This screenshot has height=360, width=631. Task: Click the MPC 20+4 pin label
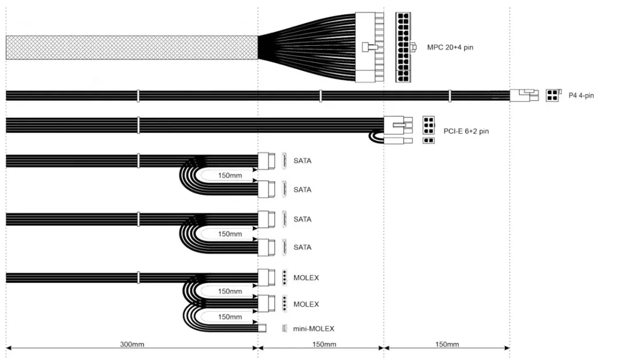click(x=450, y=47)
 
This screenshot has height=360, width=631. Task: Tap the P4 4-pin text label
click(x=581, y=96)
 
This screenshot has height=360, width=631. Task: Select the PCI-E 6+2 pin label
click(x=466, y=131)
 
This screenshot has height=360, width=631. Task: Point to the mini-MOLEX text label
click(x=314, y=328)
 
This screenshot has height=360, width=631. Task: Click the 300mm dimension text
click(x=132, y=345)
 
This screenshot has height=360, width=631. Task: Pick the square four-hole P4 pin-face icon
click(x=553, y=95)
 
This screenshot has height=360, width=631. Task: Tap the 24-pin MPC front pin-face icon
click(x=406, y=47)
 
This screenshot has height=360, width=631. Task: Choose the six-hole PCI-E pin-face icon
click(x=429, y=124)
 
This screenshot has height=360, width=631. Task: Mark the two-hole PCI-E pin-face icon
click(x=429, y=140)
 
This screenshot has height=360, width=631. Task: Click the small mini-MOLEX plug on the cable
click(x=263, y=328)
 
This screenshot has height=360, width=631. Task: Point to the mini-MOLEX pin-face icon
click(x=284, y=328)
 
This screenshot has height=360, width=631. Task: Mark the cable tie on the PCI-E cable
click(x=138, y=124)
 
